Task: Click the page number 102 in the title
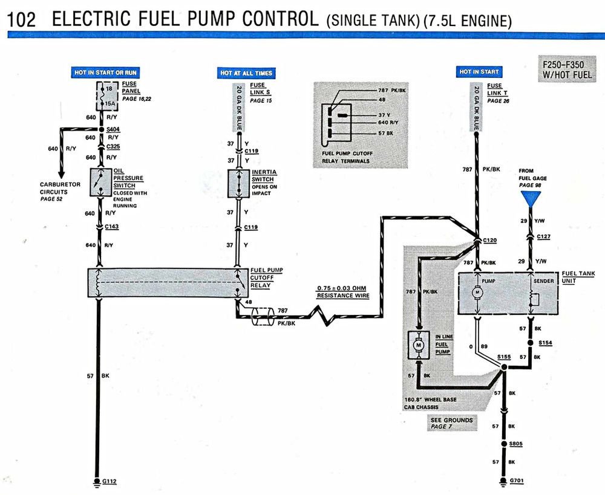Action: [x=22, y=19]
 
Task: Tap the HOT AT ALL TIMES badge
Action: [x=246, y=73]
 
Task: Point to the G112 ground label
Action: [x=110, y=482]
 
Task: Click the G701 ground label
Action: [x=515, y=482]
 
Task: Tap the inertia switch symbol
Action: [x=238, y=183]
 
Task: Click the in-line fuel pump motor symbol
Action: [x=417, y=345]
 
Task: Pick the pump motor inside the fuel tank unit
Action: [x=478, y=293]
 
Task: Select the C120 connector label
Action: [x=489, y=240]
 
